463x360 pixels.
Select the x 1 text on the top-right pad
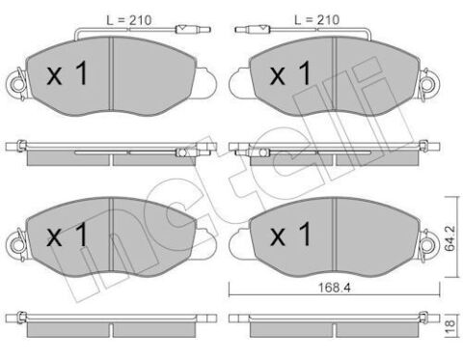coord(289,74)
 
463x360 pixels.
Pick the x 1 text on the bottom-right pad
coord(289,235)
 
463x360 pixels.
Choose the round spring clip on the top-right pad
coord(237,82)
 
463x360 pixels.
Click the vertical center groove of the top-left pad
coord(114,77)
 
